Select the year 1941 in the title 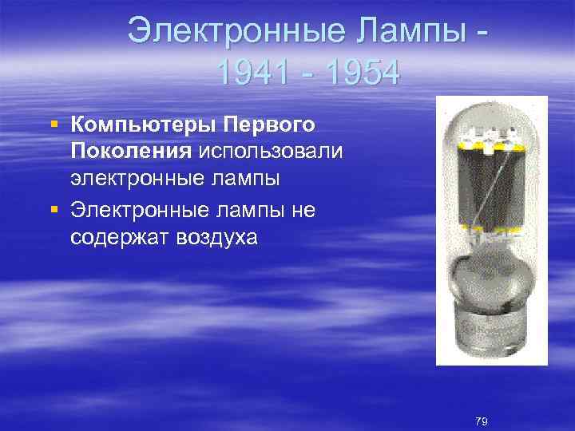coord(253,74)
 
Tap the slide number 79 coord(481,421)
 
